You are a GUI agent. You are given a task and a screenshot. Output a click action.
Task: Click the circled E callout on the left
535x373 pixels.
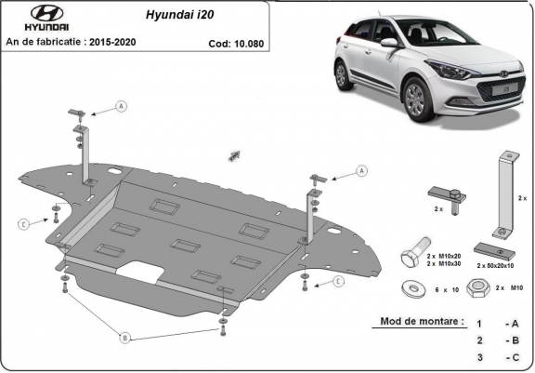point(23,223)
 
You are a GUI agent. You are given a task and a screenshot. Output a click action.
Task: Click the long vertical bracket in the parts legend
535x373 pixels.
point(504,194)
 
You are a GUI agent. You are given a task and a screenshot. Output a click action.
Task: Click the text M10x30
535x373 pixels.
point(452,264)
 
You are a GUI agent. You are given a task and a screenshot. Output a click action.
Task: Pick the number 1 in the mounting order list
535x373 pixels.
point(478,324)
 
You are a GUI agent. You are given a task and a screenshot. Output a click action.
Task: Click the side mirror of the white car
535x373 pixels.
point(388,42)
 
